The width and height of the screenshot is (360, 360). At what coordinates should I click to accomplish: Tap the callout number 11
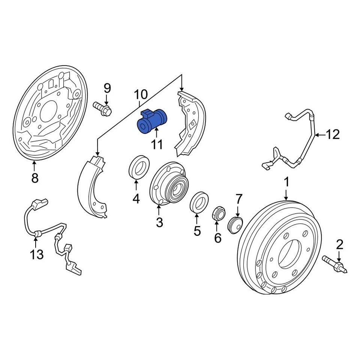tap(156, 144)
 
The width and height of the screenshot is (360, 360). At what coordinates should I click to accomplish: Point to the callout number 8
tap(35, 178)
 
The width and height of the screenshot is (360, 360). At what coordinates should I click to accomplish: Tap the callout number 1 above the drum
tap(286, 183)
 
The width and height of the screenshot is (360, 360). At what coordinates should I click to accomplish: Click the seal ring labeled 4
tap(139, 167)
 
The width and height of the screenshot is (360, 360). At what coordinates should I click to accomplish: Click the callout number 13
tap(37, 254)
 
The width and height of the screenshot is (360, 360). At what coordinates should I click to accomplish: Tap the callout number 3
tap(160, 222)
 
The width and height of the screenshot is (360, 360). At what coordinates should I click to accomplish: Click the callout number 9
tap(107, 88)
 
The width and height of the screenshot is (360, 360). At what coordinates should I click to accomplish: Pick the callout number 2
tap(339, 245)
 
